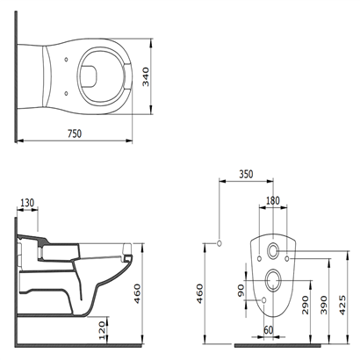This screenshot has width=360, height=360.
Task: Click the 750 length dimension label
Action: click(x=75, y=133)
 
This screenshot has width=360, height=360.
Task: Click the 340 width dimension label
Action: click(x=146, y=77)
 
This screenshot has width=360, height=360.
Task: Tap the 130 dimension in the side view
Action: click(x=27, y=203)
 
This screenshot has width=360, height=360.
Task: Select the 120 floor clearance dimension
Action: click(x=102, y=330)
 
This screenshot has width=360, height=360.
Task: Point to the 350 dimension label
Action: click(x=246, y=174)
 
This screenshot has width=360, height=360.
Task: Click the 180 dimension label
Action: click(x=273, y=200)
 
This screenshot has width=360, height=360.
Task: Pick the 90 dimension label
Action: click(x=241, y=291)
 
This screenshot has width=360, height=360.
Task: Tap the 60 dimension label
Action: click(x=268, y=330)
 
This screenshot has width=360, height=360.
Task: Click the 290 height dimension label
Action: click(x=306, y=305)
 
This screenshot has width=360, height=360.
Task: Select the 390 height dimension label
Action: click(x=324, y=305)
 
